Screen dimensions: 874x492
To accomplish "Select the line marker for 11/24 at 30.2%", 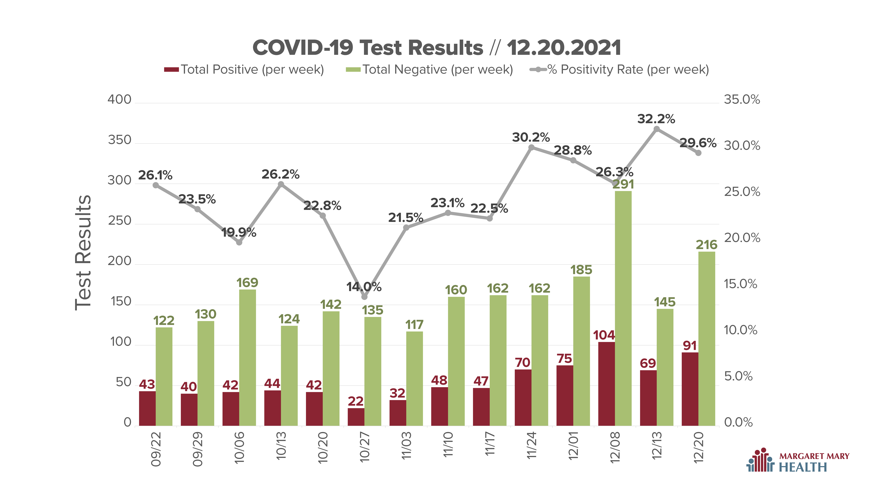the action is pyautogui.click(x=531, y=147).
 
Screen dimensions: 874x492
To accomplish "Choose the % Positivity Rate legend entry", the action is pyautogui.click(x=620, y=70).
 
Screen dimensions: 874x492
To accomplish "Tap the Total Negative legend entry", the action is pyautogui.click(x=429, y=70).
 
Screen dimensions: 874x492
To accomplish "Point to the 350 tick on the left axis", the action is pyautogui.click(x=119, y=140).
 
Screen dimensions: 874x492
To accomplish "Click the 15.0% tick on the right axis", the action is pyautogui.click(x=740, y=284).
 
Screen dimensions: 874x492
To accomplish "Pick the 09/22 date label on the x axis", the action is pyautogui.click(x=156, y=449).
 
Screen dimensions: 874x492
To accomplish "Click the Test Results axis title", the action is pyautogui.click(x=83, y=253).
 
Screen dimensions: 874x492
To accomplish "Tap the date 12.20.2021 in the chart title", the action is pyautogui.click(x=564, y=48).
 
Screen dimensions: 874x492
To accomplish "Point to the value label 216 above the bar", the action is pyautogui.click(x=706, y=245).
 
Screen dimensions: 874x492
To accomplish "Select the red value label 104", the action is pyautogui.click(x=604, y=335).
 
